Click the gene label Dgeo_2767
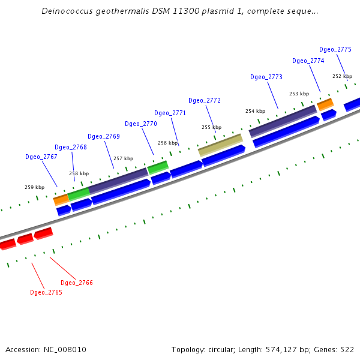pyautogui.click(x=41, y=157)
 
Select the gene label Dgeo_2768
pyautogui.click(x=71, y=147)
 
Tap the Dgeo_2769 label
pyautogui.click(x=104, y=136)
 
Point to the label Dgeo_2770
pyautogui.click(x=141, y=124)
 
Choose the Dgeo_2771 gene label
pyautogui.click(x=170, y=113)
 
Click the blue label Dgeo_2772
pyautogui.click(x=205, y=100)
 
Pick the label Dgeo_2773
pyautogui.click(x=266, y=77)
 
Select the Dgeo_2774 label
pyautogui.click(x=308, y=61)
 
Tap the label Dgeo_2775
pyautogui.click(x=335, y=49)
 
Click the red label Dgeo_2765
pyautogui.click(x=46, y=292)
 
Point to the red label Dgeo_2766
pyautogui.click(x=77, y=283)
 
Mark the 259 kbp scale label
pyautogui.click(x=34, y=187)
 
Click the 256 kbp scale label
pyautogui.click(x=167, y=143)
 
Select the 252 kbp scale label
pyautogui.click(x=342, y=76)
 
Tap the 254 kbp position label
pyautogui.click(x=255, y=111)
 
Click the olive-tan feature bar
pyautogui.click(x=220, y=145)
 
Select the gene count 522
pyautogui.click(x=347, y=349)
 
